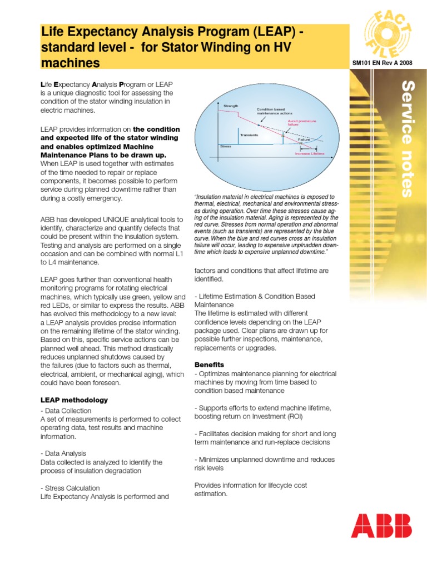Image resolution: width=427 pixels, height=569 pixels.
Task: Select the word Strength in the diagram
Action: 230,106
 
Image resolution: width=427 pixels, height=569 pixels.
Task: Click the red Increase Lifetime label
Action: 310,153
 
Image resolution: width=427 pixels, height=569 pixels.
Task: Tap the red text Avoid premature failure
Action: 301,123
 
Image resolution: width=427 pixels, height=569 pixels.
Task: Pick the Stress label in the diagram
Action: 226,146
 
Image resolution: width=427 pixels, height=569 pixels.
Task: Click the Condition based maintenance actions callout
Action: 271,112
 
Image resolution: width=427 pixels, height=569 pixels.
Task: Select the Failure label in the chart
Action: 304,139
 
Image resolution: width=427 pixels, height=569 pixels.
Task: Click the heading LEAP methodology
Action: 74,400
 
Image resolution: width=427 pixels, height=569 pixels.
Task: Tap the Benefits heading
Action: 209,365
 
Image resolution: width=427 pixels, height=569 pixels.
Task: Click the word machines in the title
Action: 71,62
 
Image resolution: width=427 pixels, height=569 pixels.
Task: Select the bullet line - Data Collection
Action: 66,411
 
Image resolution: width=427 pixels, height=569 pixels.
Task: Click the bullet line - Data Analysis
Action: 63,453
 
